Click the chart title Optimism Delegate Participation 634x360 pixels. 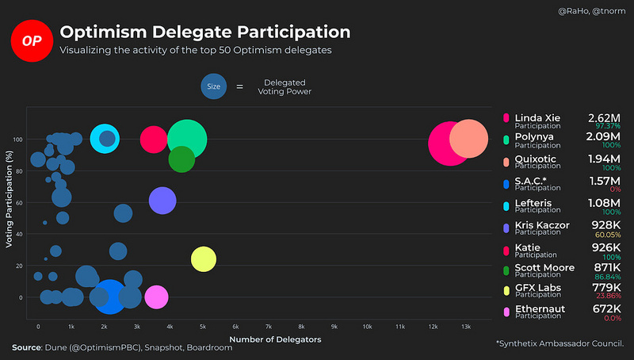click(205, 33)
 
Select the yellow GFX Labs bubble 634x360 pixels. click(204, 259)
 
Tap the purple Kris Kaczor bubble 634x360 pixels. click(162, 201)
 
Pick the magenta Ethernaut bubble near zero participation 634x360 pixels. click(156, 297)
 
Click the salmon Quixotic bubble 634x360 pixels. click(469, 140)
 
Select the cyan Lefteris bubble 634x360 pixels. click(105, 139)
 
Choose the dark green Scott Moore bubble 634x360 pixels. click(181, 159)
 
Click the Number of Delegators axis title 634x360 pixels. click(275, 339)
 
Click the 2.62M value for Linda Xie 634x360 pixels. click(604, 118)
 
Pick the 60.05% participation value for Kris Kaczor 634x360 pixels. click(608, 236)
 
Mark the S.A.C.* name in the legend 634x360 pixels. click(532, 182)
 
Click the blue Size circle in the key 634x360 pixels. click(213, 86)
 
